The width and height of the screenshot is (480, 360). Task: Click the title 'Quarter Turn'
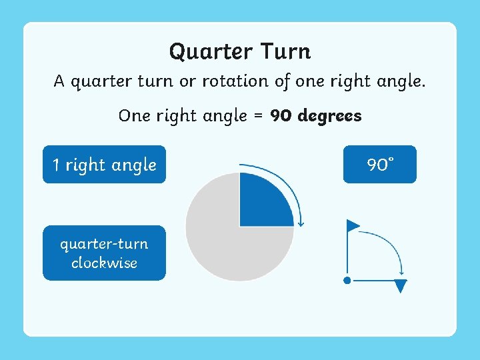[x=240, y=51]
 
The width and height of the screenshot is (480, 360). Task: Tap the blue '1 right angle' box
[x=104, y=165]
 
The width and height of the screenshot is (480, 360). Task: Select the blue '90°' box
[x=380, y=165]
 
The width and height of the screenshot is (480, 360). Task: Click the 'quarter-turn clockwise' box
[x=104, y=253]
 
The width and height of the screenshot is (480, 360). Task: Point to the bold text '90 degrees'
[x=316, y=116]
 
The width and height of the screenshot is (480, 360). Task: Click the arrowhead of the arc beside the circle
[x=301, y=222]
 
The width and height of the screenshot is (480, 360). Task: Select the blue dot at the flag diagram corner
[x=347, y=281]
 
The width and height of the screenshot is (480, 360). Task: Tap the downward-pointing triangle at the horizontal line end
[x=401, y=287]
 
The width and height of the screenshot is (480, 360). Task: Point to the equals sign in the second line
[x=259, y=116]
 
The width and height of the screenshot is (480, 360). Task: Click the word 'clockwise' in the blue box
[x=104, y=263]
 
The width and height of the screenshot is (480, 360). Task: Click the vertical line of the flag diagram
[x=347, y=257]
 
